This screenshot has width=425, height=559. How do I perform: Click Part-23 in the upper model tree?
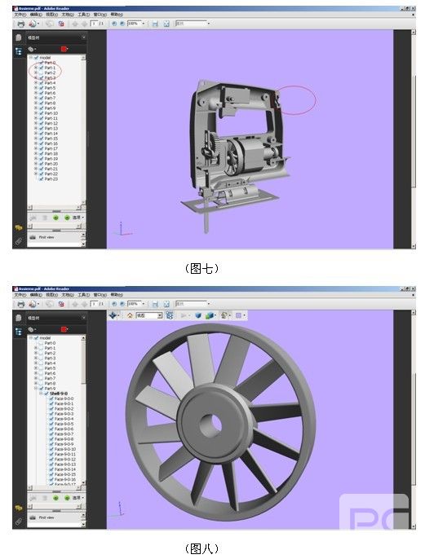click(x=51, y=178)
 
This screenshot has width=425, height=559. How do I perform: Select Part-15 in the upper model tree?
click(x=51, y=139)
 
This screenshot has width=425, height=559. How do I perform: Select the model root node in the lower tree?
click(x=46, y=337)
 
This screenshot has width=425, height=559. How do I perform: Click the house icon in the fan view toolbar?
click(x=129, y=315)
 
